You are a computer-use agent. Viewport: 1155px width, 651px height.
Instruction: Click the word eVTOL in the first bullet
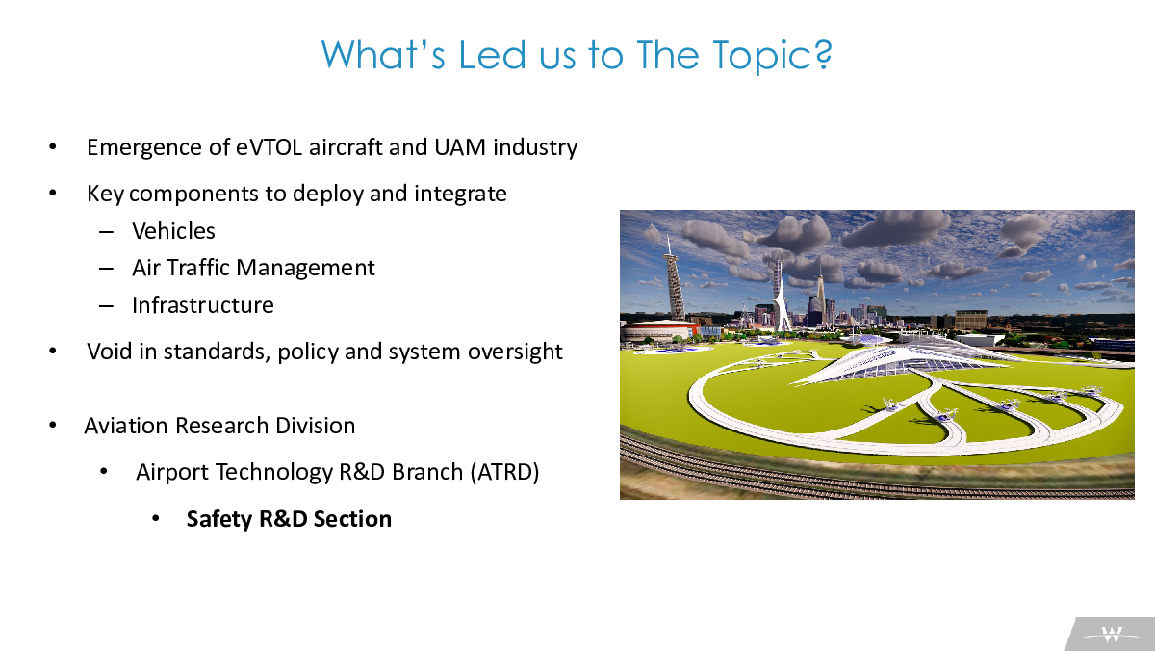pos(269,147)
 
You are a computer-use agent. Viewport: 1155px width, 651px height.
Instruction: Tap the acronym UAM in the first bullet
pos(460,147)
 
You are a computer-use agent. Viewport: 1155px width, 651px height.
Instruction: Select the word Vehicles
pos(173,231)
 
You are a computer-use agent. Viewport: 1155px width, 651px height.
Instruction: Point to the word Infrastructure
pos(203,305)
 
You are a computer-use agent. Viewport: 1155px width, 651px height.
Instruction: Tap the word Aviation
pos(126,426)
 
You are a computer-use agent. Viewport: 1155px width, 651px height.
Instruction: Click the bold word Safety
pos(219,519)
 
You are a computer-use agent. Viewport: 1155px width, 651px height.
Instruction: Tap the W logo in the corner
pos(1112,635)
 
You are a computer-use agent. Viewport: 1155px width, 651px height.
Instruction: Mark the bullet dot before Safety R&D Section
pos(156,519)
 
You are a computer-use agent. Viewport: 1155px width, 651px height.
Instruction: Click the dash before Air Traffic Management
pos(106,269)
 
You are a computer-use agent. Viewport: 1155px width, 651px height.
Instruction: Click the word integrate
pos(460,195)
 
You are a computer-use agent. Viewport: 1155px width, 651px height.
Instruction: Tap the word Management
pos(305,269)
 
